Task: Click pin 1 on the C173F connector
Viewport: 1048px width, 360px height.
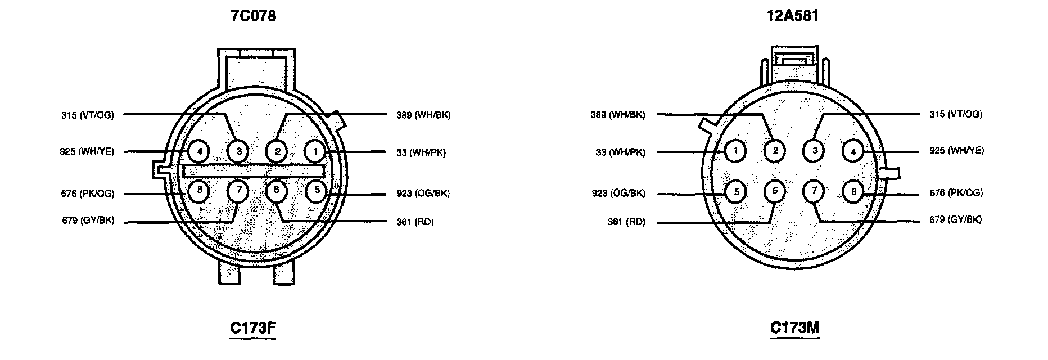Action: click(x=315, y=151)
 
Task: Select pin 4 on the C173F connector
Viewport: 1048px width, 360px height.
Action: click(x=198, y=151)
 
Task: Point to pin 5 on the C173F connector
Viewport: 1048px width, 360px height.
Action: click(x=317, y=190)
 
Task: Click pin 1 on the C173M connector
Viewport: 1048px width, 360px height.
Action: click(x=735, y=150)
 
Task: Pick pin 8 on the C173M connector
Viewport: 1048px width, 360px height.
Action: click(x=853, y=192)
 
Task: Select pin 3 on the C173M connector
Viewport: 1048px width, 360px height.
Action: click(x=814, y=150)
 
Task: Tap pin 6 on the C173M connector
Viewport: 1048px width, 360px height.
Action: click(x=775, y=191)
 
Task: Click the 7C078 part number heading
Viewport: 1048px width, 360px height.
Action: click(x=253, y=16)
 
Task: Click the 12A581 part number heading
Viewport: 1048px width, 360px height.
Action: click(x=792, y=16)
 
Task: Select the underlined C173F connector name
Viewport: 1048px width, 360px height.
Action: click(x=253, y=328)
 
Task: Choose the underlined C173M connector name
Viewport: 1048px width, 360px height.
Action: click(x=794, y=328)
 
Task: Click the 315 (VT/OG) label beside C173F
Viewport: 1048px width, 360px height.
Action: click(x=87, y=115)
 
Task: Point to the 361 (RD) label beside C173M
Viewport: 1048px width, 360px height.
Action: click(x=626, y=222)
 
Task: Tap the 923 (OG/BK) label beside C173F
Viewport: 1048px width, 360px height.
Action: click(x=423, y=193)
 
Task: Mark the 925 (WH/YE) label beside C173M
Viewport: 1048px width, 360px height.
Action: click(x=956, y=151)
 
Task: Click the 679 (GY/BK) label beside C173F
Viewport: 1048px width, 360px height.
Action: click(x=88, y=220)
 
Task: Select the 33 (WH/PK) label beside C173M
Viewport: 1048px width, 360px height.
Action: click(x=620, y=152)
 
